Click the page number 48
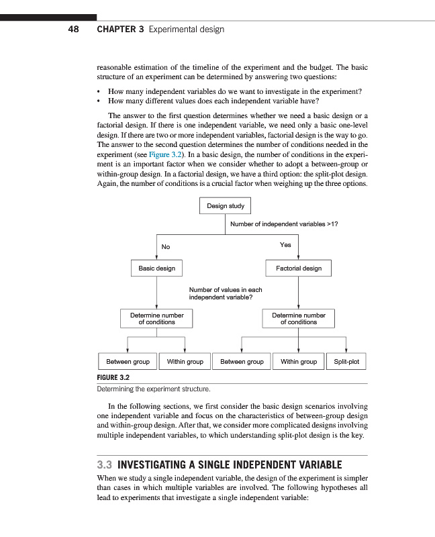click(74, 30)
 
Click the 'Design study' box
click(225, 206)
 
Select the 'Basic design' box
click(156, 268)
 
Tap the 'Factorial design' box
click(298, 268)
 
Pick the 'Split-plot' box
click(346, 362)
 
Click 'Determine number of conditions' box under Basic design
click(156, 318)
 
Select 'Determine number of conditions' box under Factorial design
click(298, 318)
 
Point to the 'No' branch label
click(165, 247)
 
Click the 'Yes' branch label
click(285, 245)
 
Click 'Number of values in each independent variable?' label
click(225, 293)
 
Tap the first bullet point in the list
click(99, 91)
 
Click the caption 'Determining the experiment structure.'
click(154, 389)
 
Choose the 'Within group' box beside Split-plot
click(298, 362)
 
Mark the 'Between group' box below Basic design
click(128, 362)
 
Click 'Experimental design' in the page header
click(187, 30)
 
